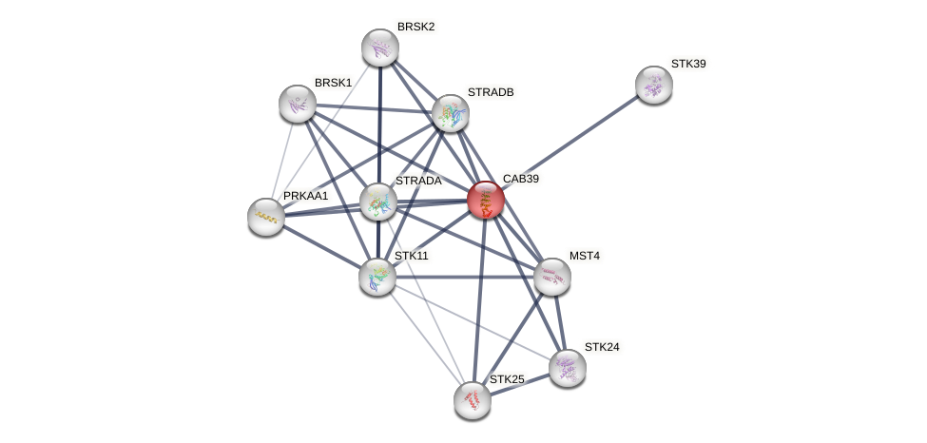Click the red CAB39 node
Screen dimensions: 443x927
(x=485, y=200)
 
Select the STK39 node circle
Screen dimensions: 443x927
(x=654, y=85)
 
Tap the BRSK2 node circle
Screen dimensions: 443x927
(x=380, y=48)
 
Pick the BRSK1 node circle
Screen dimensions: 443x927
(x=298, y=104)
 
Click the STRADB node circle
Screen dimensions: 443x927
(x=451, y=113)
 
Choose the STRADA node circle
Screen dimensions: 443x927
(x=378, y=202)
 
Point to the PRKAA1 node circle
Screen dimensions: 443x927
(x=266, y=217)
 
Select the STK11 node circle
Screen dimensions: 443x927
(x=377, y=277)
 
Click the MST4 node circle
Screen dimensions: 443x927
(x=551, y=277)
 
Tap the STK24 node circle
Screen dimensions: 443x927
(x=568, y=368)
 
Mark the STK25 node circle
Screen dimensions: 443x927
(x=473, y=400)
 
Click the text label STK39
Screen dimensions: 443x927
(x=688, y=64)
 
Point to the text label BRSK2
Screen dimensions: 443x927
(x=415, y=27)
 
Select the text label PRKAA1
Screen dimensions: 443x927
(x=305, y=196)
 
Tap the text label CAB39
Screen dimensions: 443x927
(x=526, y=179)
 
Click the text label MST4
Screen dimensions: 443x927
(x=586, y=256)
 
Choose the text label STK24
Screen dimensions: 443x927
(x=602, y=347)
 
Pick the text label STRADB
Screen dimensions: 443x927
(x=491, y=92)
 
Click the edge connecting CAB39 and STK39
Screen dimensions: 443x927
(x=570, y=142)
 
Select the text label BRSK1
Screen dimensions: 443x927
(x=333, y=83)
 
